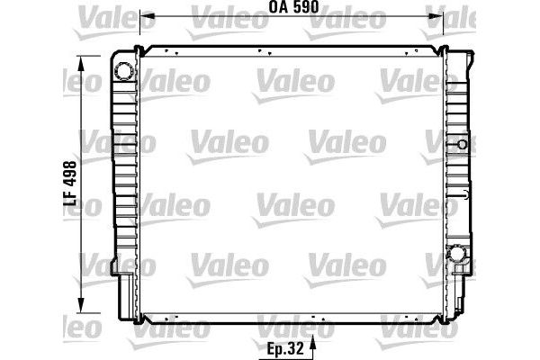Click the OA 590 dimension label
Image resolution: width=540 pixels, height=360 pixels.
(x=293, y=7)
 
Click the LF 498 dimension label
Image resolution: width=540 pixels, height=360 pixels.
(x=70, y=184)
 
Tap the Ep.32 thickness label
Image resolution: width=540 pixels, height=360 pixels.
(x=285, y=348)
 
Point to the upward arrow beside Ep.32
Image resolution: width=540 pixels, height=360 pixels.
(x=312, y=347)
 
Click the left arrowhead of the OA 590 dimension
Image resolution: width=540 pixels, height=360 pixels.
(x=148, y=16)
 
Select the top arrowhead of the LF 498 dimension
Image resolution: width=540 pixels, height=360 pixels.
(x=81, y=64)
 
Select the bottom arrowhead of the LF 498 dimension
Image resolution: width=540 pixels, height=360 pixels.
(x=81, y=305)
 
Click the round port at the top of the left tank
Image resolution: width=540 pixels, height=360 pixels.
(x=123, y=71)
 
